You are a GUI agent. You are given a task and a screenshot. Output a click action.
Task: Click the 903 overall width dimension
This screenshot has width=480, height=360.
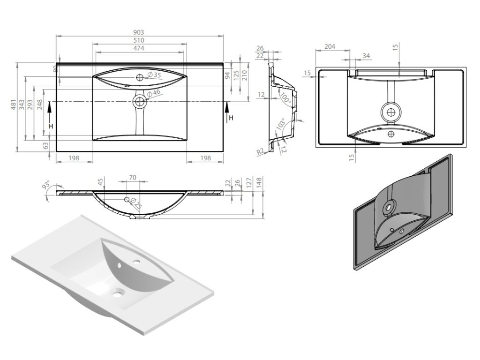tap(139, 32)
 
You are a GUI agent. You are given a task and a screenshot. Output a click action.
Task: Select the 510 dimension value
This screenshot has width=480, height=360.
tap(139, 40)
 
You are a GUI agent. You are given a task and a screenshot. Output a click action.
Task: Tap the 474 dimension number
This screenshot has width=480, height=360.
tap(139, 48)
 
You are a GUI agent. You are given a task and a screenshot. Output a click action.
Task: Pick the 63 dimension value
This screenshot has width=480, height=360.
tap(46, 146)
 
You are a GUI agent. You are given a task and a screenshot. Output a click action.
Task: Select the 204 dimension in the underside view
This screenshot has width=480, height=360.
tap(330, 46)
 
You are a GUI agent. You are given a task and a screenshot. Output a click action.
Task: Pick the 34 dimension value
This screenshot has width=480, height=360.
tap(367, 56)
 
